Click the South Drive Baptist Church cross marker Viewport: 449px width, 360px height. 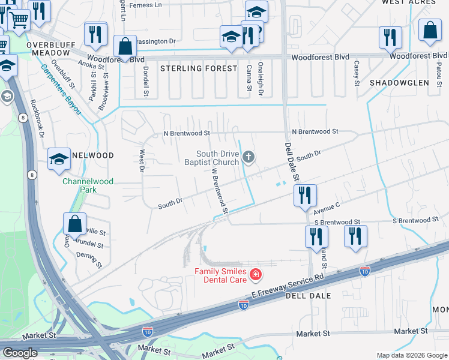(250, 158)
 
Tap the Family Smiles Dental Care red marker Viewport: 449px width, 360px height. (256, 275)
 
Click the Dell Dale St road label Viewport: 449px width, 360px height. (291, 161)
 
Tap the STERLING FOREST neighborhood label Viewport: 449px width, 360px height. (199, 68)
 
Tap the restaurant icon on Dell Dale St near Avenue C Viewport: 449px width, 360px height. (305, 195)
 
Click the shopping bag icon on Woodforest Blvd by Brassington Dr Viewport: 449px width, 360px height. (125, 46)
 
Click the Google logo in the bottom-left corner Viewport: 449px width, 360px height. (20, 353)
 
